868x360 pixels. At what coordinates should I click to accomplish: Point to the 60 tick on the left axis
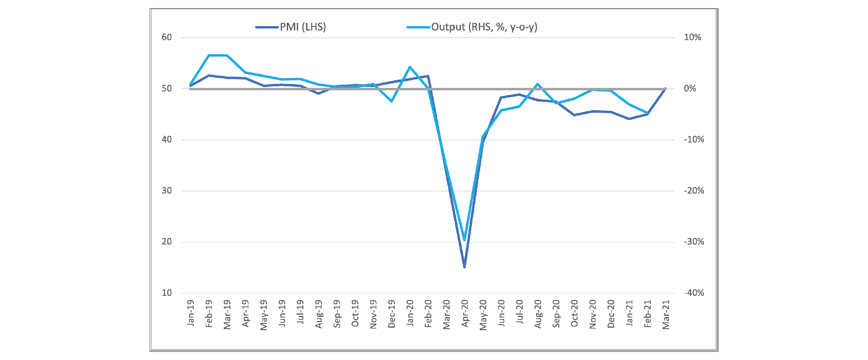pyautogui.click(x=166, y=37)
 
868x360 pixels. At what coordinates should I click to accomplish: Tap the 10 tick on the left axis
pyautogui.click(x=166, y=293)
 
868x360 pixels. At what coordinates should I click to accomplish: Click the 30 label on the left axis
pyautogui.click(x=166, y=191)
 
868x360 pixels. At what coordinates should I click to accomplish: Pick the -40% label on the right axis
pyautogui.click(x=694, y=293)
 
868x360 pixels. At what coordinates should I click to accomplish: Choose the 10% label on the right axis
pyautogui.click(x=692, y=37)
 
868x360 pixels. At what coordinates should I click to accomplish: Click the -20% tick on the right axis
pyautogui.click(x=694, y=191)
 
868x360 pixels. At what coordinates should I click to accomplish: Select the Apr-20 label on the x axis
pyautogui.click(x=465, y=313)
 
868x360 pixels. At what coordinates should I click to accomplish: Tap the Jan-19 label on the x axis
pyautogui.click(x=191, y=313)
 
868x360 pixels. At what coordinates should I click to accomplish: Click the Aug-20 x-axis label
pyautogui.click(x=538, y=314)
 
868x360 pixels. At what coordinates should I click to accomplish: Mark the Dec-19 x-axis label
pyautogui.click(x=391, y=314)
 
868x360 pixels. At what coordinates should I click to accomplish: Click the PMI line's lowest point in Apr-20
pyautogui.click(x=464, y=267)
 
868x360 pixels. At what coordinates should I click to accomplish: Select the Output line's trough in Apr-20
pyautogui.click(x=464, y=240)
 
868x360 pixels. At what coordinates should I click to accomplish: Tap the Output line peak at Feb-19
pyautogui.click(x=209, y=55)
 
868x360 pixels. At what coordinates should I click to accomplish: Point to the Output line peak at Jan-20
pyautogui.click(x=410, y=67)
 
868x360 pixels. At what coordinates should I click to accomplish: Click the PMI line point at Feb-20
pyautogui.click(x=428, y=76)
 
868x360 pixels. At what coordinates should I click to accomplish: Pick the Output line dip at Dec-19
pyautogui.click(x=391, y=102)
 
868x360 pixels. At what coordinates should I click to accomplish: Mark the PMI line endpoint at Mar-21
pyautogui.click(x=666, y=89)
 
